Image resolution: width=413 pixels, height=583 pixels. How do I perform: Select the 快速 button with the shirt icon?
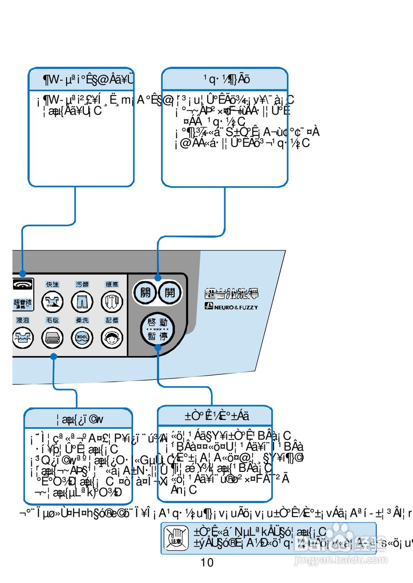[x=52, y=302]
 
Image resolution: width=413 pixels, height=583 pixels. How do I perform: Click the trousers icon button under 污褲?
[x=82, y=302]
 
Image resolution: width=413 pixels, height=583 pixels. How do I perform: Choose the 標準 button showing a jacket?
[x=112, y=302]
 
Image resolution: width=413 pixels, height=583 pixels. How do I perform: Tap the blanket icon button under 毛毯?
[x=52, y=338]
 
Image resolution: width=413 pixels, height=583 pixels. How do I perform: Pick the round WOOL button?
[x=82, y=338]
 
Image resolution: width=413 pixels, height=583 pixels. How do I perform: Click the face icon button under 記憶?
[x=112, y=338]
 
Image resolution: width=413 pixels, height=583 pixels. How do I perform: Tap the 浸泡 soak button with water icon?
[x=21, y=338]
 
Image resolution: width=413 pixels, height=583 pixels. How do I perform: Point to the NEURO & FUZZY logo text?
[x=231, y=307]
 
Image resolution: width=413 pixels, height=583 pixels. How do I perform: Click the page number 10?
[x=207, y=563]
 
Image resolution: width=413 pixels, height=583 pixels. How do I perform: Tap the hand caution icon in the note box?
[x=176, y=537]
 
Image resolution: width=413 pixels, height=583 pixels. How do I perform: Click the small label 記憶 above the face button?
[x=112, y=321]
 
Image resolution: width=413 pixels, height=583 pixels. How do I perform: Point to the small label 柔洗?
[x=82, y=321]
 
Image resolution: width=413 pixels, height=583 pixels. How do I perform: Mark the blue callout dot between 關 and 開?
[x=158, y=278]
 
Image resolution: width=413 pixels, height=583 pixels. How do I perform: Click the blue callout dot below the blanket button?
[x=53, y=357]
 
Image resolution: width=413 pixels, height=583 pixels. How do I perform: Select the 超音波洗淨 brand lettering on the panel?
[x=232, y=293]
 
